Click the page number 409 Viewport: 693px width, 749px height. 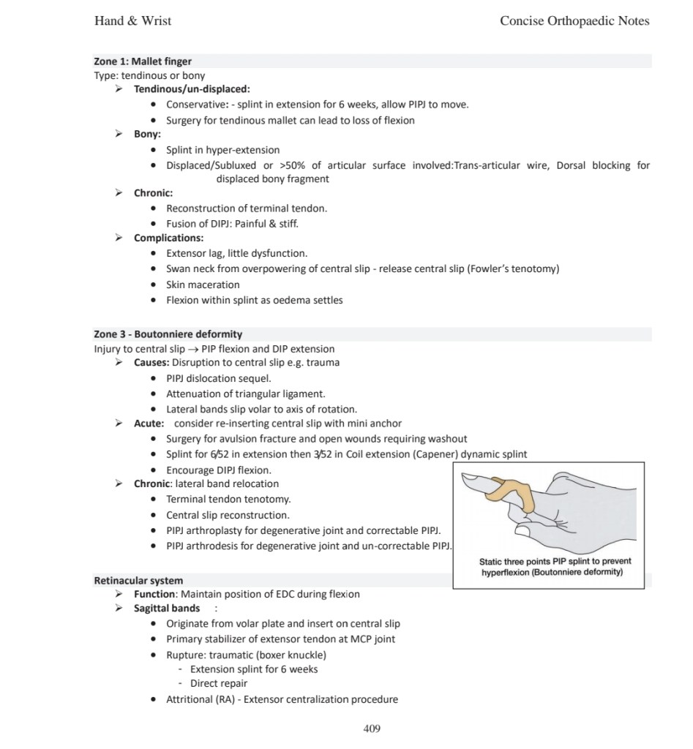(372, 728)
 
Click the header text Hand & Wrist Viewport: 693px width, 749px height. (132, 20)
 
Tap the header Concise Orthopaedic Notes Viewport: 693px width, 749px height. (574, 20)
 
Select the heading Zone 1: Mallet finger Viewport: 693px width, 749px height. (143, 61)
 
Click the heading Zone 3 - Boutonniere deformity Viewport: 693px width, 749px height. (168, 334)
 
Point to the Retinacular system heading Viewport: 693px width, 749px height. (138, 581)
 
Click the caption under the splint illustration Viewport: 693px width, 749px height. (555, 567)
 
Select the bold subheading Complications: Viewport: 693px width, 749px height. (168, 238)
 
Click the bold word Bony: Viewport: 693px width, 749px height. (147, 135)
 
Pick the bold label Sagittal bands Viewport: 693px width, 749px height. (167, 609)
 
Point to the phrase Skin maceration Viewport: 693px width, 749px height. (203, 285)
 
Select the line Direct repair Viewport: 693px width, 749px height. (219, 684)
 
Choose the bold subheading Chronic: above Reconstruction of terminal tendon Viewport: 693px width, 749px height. (153, 193)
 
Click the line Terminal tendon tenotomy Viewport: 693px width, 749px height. (228, 499)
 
